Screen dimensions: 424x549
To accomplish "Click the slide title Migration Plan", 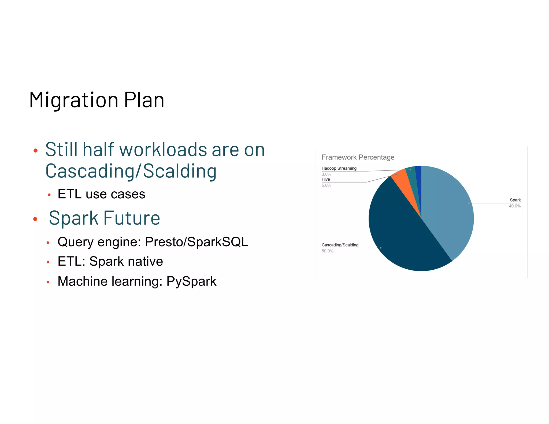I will tap(97, 100).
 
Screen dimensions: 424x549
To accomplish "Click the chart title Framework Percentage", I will tap(358, 157).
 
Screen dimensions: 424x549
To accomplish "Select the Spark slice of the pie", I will tap(448, 209).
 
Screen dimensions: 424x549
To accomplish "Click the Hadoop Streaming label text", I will tap(339, 168).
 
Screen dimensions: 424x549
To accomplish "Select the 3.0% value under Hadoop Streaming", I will tap(326, 174).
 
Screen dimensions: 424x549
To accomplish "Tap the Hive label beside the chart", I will tap(326, 179).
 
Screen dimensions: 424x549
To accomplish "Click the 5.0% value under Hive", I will tap(326, 185).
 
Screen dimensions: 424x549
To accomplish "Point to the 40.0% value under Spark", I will tap(515, 206).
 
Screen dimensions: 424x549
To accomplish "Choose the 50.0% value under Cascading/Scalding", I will tap(327, 251).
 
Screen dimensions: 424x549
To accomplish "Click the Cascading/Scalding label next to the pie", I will tap(340, 245).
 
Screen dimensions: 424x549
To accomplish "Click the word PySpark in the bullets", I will tap(191, 281).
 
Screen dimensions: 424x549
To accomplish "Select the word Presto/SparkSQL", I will tap(196, 242).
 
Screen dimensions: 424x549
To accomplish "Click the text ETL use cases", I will tap(101, 194).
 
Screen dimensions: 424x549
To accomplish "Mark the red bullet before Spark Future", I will tap(35, 219).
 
